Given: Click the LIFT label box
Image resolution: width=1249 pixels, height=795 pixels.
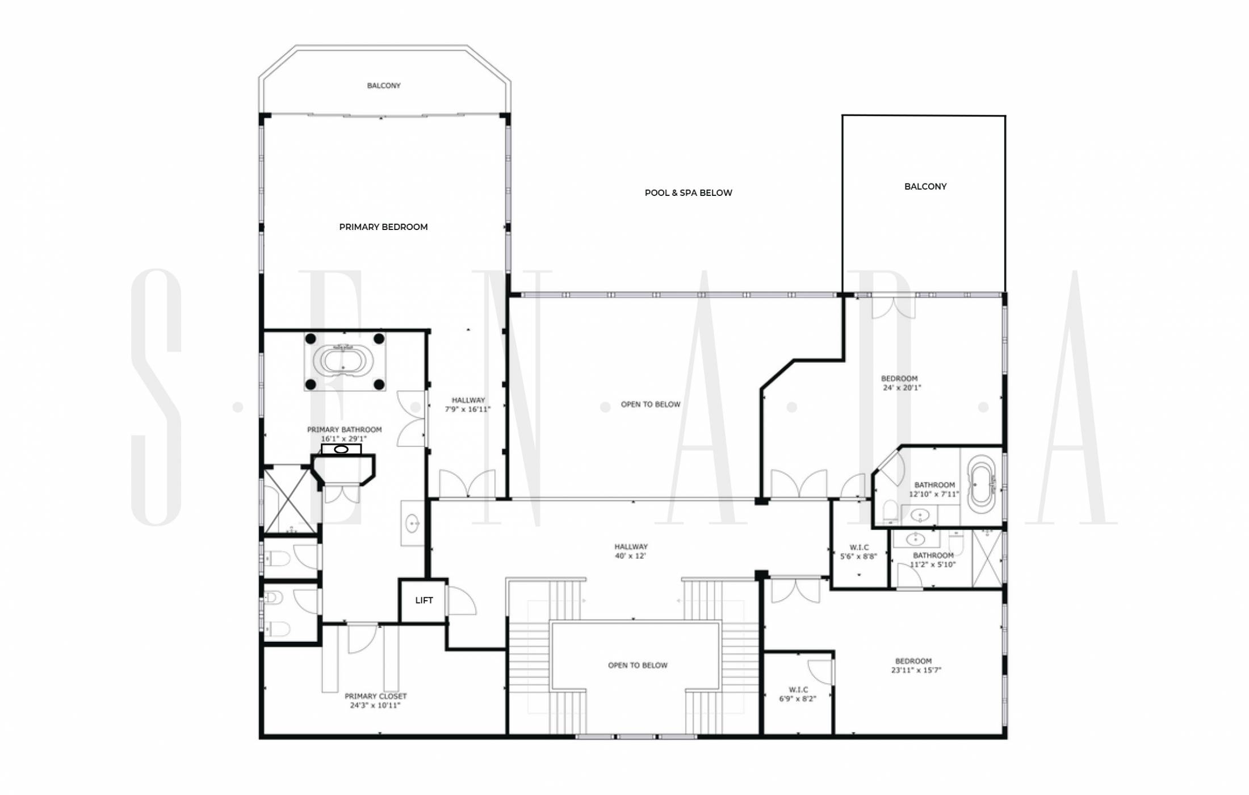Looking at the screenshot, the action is (x=424, y=600).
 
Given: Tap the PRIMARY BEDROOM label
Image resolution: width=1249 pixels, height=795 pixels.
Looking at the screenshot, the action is (x=383, y=227).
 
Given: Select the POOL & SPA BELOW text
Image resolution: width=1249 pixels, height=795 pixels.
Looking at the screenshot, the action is (x=688, y=193).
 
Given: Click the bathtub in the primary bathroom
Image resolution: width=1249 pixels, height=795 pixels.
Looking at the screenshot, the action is (x=344, y=361).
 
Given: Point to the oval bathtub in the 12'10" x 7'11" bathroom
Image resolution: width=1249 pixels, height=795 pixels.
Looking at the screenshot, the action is (x=982, y=486).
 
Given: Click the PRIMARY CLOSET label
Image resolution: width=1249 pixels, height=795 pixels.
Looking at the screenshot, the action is (x=375, y=696).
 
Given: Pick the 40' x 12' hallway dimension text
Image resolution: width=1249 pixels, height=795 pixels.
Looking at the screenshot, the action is (x=630, y=556).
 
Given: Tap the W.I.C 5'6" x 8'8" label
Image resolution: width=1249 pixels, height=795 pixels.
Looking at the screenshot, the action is (x=858, y=552).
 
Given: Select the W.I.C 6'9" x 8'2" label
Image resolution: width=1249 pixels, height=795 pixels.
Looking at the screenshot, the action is (x=798, y=694).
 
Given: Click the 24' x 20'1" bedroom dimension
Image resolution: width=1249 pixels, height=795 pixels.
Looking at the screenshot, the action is (x=902, y=388).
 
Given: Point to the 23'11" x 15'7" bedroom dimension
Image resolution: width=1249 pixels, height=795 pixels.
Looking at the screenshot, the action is (x=916, y=670).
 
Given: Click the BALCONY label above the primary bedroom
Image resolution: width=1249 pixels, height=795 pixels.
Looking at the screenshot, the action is (x=384, y=86).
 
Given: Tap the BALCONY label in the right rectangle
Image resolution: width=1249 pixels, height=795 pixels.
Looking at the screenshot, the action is (x=925, y=186).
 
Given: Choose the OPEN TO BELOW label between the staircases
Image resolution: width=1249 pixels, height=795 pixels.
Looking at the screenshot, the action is (x=638, y=665).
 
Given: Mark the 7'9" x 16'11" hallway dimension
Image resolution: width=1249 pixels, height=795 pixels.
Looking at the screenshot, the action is (x=467, y=409).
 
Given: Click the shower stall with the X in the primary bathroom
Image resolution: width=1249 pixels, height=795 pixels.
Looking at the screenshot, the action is (x=290, y=500).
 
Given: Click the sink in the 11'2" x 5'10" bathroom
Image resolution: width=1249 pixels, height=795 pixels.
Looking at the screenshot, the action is (x=915, y=538).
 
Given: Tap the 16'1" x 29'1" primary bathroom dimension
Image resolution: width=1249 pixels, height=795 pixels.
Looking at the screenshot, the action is (x=343, y=438).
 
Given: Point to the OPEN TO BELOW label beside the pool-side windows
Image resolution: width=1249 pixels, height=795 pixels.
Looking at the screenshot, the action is (x=650, y=404).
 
